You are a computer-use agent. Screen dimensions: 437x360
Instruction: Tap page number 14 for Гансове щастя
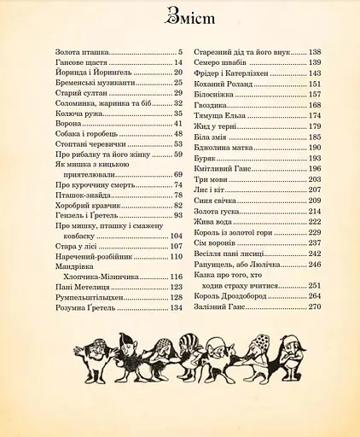pyautogui.click(x=178, y=62)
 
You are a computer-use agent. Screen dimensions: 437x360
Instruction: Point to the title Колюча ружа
pyautogui.click(x=78, y=114)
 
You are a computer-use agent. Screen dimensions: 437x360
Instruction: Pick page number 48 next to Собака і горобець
pyautogui.click(x=178, y=134)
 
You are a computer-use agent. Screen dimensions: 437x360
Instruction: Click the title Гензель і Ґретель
pyautogui.click(x=84, y=216)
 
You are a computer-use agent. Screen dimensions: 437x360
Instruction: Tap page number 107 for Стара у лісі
pyautogui.click(x=177, y=247)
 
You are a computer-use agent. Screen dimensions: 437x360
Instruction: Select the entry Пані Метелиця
pyautogui.click(x=84, y=288)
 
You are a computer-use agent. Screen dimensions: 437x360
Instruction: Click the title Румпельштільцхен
pyautogui.click(x=90, y=298)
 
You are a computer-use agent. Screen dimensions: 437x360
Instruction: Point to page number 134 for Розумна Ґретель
pyautogui.click(x=177, y=308)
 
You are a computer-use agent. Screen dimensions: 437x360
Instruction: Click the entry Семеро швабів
pyautogui.click(x=221, y=62)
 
